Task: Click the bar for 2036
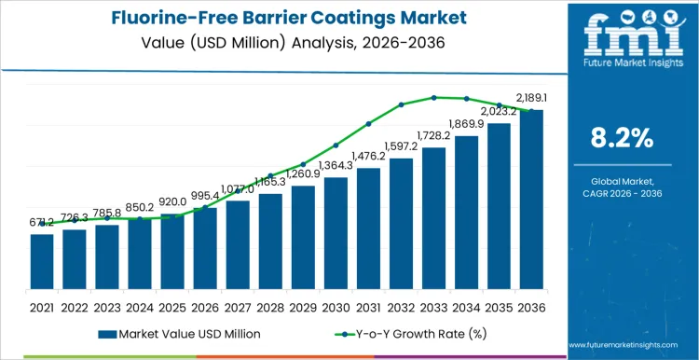click(x=531, y=200)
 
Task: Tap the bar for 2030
click(x=336, y=233)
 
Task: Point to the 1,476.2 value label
click(x=369, y=156)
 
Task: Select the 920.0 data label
click(x=172, y=201)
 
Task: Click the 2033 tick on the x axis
click(x=433, y=307)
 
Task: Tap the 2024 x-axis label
click(x=140, y=307)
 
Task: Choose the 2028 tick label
click(x=270, y=307)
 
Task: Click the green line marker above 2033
click(x=433, y=97)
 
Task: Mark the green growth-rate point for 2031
click(x=368, y=123)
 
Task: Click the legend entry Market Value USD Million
click(x=173, y=333)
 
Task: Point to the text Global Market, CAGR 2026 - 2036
click(x=622, y=187)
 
